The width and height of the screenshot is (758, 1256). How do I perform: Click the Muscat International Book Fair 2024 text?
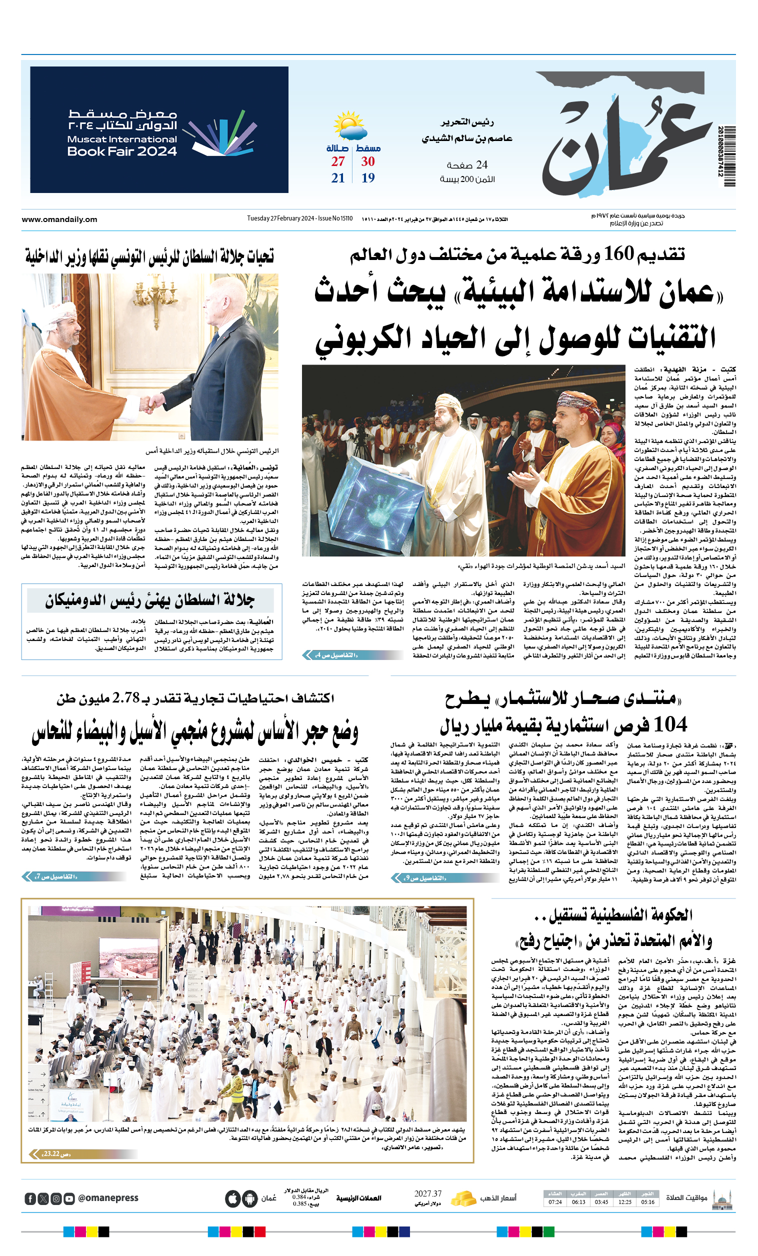point(122,145)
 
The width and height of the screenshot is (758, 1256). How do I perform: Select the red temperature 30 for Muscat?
point(368,161)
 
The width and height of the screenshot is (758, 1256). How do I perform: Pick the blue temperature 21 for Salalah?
point(338,178)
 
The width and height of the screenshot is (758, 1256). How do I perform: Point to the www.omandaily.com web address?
point(59,219)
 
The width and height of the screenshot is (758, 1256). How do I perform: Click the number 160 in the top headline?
point(618,254)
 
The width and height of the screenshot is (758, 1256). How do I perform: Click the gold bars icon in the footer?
point(464,1197)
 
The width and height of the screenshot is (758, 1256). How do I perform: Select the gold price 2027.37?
point(427,1193)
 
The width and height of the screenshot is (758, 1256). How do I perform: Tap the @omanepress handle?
point(108,1198)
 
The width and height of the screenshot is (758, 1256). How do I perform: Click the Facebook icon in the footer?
point(30,1198)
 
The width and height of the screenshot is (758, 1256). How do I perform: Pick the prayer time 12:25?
point(624,1201)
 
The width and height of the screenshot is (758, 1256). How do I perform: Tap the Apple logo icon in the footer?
point(233,1198)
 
